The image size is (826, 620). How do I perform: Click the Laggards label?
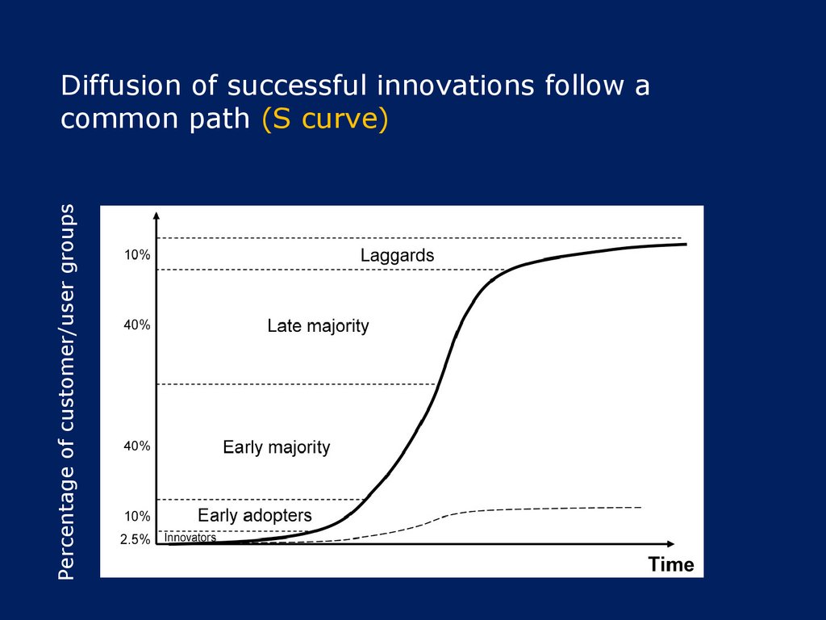pos(397,256)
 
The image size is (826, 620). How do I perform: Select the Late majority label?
pos(318,326)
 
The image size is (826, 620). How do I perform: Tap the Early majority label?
pos(277,447)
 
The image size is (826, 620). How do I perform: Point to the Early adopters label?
pos(255,515)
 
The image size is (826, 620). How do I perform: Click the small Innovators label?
pos(190,537)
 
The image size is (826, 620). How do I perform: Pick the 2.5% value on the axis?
pos(136,540)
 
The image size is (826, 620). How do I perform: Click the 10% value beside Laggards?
pos(137,255)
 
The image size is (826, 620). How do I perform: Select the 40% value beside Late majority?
pos(137,325)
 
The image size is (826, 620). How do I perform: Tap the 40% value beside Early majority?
pos(137,446)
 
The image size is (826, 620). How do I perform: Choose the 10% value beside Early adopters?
pos(137,517)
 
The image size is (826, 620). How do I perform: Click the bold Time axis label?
pos(671,564)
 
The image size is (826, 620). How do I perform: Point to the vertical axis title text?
pos(67,392)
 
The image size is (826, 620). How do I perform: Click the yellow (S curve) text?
pos(325,118)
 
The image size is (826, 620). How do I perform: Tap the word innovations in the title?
pos(456,86)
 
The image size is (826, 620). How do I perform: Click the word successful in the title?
pos(297,86)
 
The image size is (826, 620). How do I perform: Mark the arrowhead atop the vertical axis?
pos(156,215)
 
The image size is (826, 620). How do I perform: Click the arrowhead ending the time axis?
pos(670,543)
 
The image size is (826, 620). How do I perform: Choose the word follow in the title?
pos(584,86)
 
